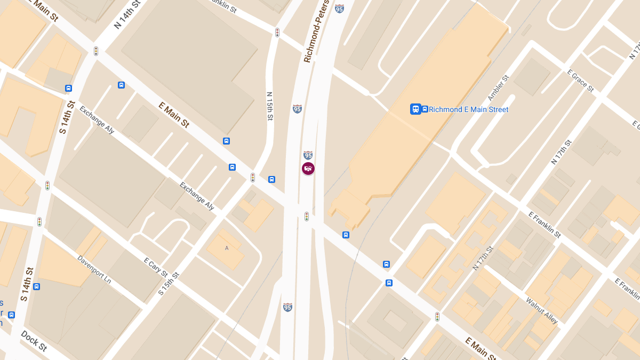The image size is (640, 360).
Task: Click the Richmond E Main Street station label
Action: point(468,109)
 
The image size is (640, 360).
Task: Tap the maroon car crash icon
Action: point(308,169)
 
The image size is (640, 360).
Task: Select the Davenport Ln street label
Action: point(94,269)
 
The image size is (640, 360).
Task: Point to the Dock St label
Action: point(34,341)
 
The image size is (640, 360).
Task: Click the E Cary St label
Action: point(157,269)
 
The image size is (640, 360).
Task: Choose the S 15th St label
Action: point(169,284)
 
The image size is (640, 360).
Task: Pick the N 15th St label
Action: point(270,106)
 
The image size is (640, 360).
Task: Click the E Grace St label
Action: point(580,80)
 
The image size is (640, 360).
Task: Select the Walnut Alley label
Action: point(541,310)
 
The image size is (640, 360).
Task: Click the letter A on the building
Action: point(227,249)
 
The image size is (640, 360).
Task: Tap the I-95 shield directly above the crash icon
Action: point(308,155)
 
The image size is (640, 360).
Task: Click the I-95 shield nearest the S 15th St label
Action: point(287,307)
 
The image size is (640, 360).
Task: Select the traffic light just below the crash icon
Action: point(307,216)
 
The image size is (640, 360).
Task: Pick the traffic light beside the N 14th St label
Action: point(96,51)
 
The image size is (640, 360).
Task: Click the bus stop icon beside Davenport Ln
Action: point(36,286)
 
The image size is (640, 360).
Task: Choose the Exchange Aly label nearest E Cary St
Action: point(197,196)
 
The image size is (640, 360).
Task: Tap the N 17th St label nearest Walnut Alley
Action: point(483,258)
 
